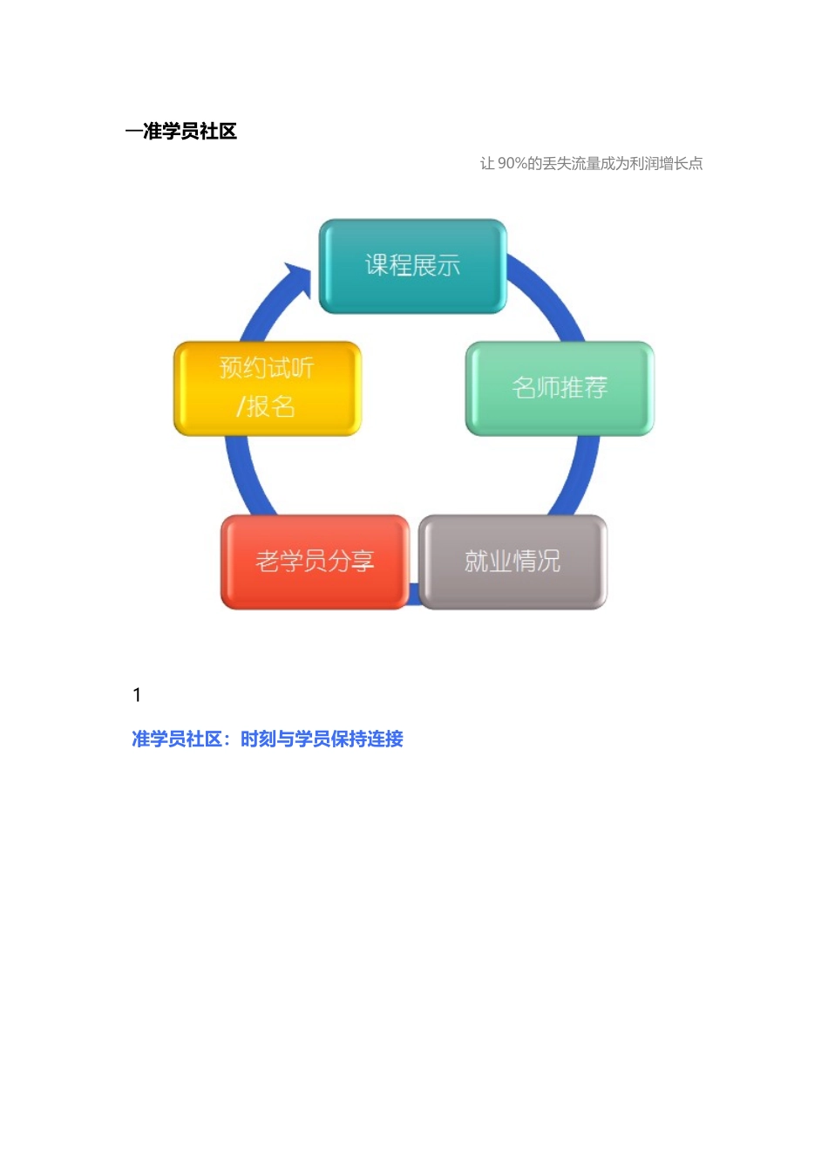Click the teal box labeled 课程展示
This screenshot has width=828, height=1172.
click(x=412, y=266)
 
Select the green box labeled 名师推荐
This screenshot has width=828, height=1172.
click(x=560, y=388)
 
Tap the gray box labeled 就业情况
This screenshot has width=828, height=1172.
click(x=512, y=562)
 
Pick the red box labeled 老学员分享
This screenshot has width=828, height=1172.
click(x=315, y=562)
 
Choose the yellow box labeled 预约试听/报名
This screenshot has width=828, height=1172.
click(x=267, y=388)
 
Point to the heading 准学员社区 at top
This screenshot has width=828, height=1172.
click(x=190, y=132)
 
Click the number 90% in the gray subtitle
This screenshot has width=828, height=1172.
click(x=512, y=163)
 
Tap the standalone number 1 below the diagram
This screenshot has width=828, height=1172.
click(x=137, y=695)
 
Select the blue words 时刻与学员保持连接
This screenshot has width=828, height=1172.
click(x=322, y=739)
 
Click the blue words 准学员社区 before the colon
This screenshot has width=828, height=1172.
click(x=176, y=739)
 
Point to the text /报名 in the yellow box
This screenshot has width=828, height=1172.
click(x=266, y=406)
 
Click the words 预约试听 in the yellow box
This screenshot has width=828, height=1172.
click(x=267, y=368)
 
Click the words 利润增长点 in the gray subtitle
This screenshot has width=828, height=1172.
click(x=666, y=163)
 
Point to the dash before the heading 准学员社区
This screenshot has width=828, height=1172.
click(x=133, y=132)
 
